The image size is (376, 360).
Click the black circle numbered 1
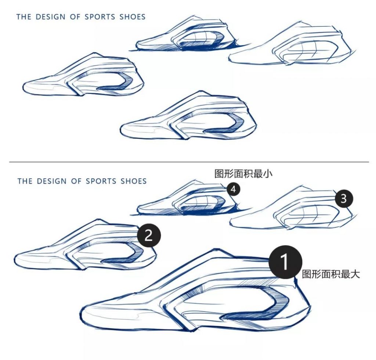[285, 262]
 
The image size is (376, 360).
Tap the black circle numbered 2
[148, 235]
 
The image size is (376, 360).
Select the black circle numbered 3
[343, 199]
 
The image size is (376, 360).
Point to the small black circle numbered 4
[234, 189]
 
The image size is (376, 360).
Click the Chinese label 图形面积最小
[243, 174]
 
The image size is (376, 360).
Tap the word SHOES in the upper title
[133, 17]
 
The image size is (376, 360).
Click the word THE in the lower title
[25, 181]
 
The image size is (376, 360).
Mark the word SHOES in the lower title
[134, 181]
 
